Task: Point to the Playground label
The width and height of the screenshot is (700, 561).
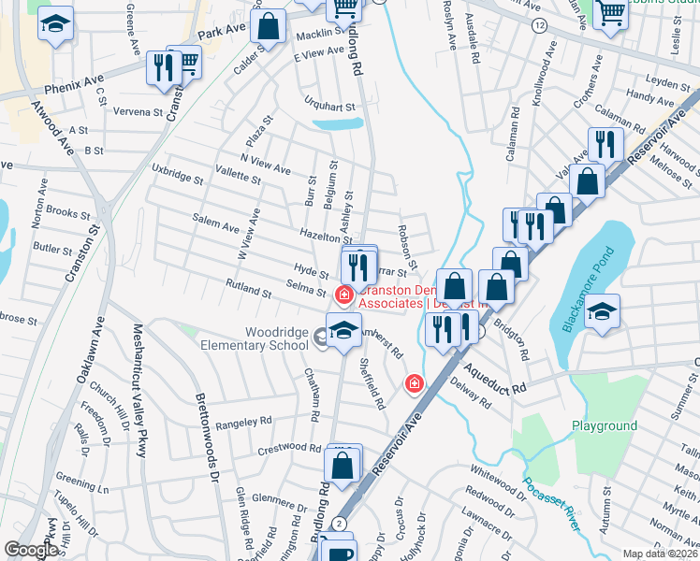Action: coord(605,425)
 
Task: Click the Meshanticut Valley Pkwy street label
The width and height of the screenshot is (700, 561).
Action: coord(139,391)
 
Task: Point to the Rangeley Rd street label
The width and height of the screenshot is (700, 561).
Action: coord(243,423)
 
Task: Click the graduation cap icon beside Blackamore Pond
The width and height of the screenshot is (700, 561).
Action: coord(600,313)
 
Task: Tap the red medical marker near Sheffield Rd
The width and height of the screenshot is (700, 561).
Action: coord(413,383)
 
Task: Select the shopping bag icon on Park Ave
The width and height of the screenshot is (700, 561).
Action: coord(268,27)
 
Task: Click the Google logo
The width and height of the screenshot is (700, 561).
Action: coord(31,550)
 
